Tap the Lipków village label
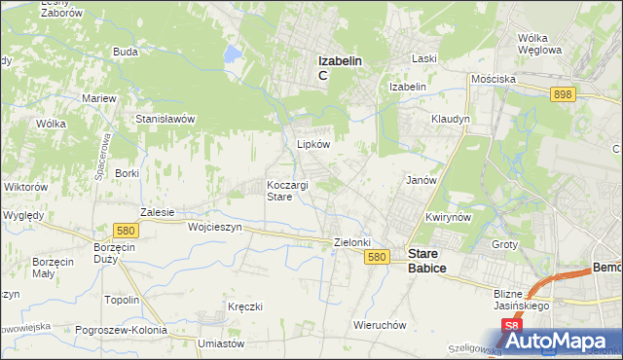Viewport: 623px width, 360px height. pyautogui.click(x=313, y=143)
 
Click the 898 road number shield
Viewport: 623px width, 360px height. pyautogui.click(x=562, y=94)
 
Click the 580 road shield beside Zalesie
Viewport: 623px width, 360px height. pyautogui.click(x=124, y=231)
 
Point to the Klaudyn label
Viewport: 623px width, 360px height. pyautogui.click(x=451, y=119)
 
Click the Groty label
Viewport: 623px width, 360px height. pyautogui.click(x=504, y=244)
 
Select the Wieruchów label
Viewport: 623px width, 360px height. pyautogui.click(x=380, y=325)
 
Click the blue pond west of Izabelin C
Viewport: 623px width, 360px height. pyautogui.click(x=234, y=54)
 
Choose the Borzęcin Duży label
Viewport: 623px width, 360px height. pyautogui.click(x=115, y=254)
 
